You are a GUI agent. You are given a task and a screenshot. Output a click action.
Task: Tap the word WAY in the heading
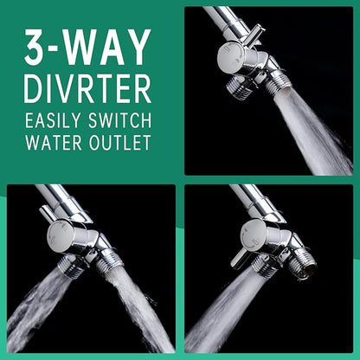[107, 48]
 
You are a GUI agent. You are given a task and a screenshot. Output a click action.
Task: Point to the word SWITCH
[119, 120]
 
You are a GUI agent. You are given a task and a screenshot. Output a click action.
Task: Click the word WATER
[54, 142]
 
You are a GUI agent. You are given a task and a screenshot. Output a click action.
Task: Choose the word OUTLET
[120, 142]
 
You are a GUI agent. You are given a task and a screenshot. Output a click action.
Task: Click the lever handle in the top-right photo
[254, 35]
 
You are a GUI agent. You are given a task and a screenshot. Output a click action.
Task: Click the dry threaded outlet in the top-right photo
[237, 86]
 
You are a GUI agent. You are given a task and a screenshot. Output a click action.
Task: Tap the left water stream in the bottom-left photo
[36, 305]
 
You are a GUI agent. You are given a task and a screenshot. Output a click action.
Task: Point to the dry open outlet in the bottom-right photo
[303, 267]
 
